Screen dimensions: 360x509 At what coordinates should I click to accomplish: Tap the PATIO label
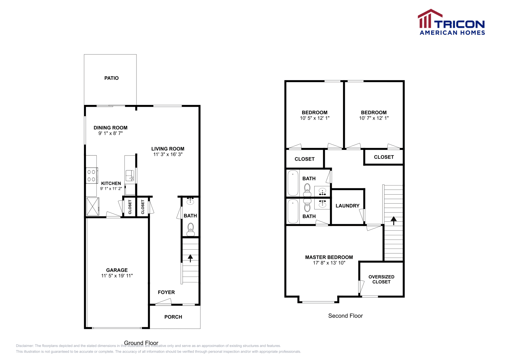[111, 78]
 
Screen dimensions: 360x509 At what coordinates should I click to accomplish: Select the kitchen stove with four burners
[92, 176]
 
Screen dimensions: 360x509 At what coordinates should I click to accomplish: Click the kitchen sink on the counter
[130, 176]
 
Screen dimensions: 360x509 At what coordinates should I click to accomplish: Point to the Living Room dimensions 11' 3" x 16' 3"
[168, 155]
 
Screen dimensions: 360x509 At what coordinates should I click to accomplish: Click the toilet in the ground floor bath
[191, 229]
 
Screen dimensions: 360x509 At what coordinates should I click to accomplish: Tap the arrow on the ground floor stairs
[190, 258]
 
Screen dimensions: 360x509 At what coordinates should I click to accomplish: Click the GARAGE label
[117, 270]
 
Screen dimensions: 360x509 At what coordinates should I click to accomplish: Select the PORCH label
[173, 317]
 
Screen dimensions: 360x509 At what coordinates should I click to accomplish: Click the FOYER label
[166, 292]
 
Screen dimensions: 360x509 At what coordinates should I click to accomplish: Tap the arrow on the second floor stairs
[394, 220]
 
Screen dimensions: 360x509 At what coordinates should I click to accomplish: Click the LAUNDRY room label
[347, 206]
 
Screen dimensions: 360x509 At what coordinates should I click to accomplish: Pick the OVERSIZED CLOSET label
[381, 279]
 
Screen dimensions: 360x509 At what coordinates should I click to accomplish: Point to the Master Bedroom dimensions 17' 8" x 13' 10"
[329, 263]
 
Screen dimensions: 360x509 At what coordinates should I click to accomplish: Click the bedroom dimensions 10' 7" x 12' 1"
[374, 118]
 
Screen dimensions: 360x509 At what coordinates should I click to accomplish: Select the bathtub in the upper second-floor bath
[293, 183]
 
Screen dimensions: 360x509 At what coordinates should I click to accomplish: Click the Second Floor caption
[345, 316]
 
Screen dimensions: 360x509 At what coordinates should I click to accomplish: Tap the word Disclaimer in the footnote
[24, 346]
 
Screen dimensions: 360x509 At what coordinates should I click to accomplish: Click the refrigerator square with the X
[93, 207]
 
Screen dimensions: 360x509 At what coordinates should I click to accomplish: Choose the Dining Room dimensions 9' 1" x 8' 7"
[110, 133]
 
